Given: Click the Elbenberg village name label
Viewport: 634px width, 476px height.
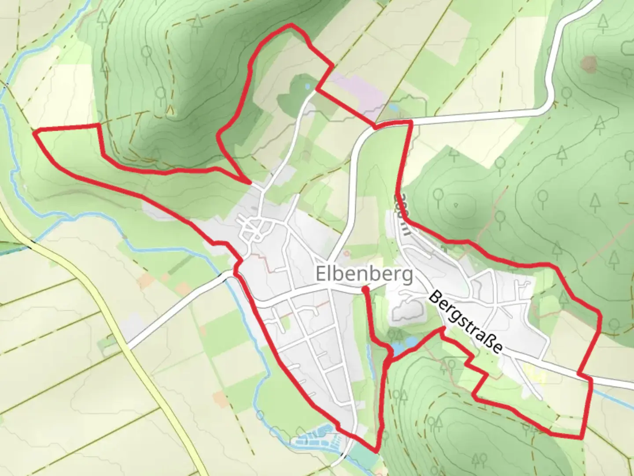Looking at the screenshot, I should pos(364,274).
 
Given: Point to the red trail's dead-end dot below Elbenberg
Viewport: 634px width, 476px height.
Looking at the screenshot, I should pos(365,289).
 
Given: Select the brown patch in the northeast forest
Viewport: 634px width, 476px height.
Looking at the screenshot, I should pos(588,64).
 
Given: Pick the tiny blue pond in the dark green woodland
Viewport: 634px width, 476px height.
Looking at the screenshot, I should pos(307,86).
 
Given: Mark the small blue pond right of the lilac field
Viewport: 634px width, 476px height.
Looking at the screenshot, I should pos(393,107).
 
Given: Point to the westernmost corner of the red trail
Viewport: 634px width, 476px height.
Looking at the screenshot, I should pos(35,131).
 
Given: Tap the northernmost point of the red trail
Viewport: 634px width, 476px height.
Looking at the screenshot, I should pos(290,25).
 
